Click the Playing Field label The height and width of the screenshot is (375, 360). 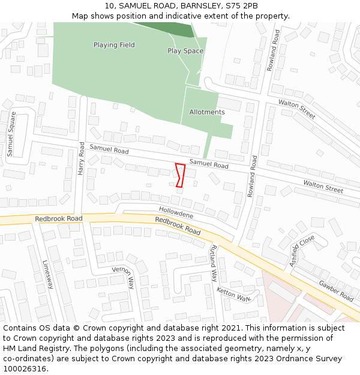point(114,45)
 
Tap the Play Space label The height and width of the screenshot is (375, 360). point(185,51)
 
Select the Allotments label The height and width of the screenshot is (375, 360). point(207,112)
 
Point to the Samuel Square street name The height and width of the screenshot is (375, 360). point(11,134)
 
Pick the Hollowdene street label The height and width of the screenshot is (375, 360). point(176,212)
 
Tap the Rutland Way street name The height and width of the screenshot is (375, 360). point(214,263)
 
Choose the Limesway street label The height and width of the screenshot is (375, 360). point(48,274)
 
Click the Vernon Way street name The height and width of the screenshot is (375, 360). point(123,277)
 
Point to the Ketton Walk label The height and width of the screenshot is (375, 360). point(233,294)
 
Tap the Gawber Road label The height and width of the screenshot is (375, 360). point(336,291)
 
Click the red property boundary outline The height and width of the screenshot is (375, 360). point(179,175)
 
